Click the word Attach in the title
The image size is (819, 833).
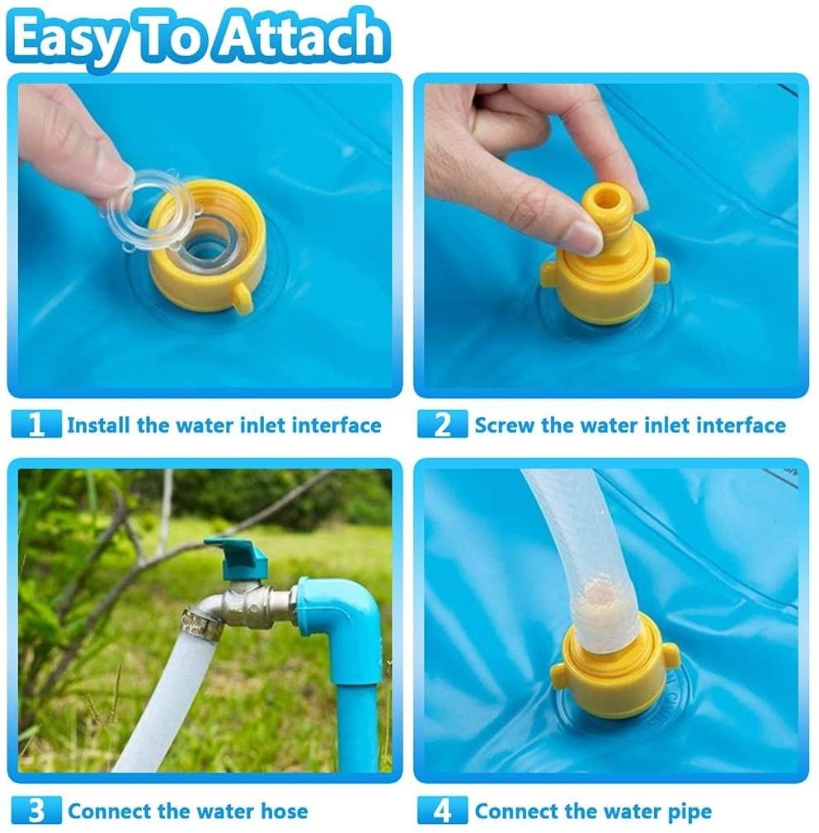300,37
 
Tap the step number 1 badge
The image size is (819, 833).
36,424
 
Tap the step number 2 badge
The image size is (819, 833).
442,424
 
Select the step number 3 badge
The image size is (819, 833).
36,811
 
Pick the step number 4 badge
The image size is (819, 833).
442,811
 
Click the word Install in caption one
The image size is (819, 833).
98,425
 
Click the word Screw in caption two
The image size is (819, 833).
505,425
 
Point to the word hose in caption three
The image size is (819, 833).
285,812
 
